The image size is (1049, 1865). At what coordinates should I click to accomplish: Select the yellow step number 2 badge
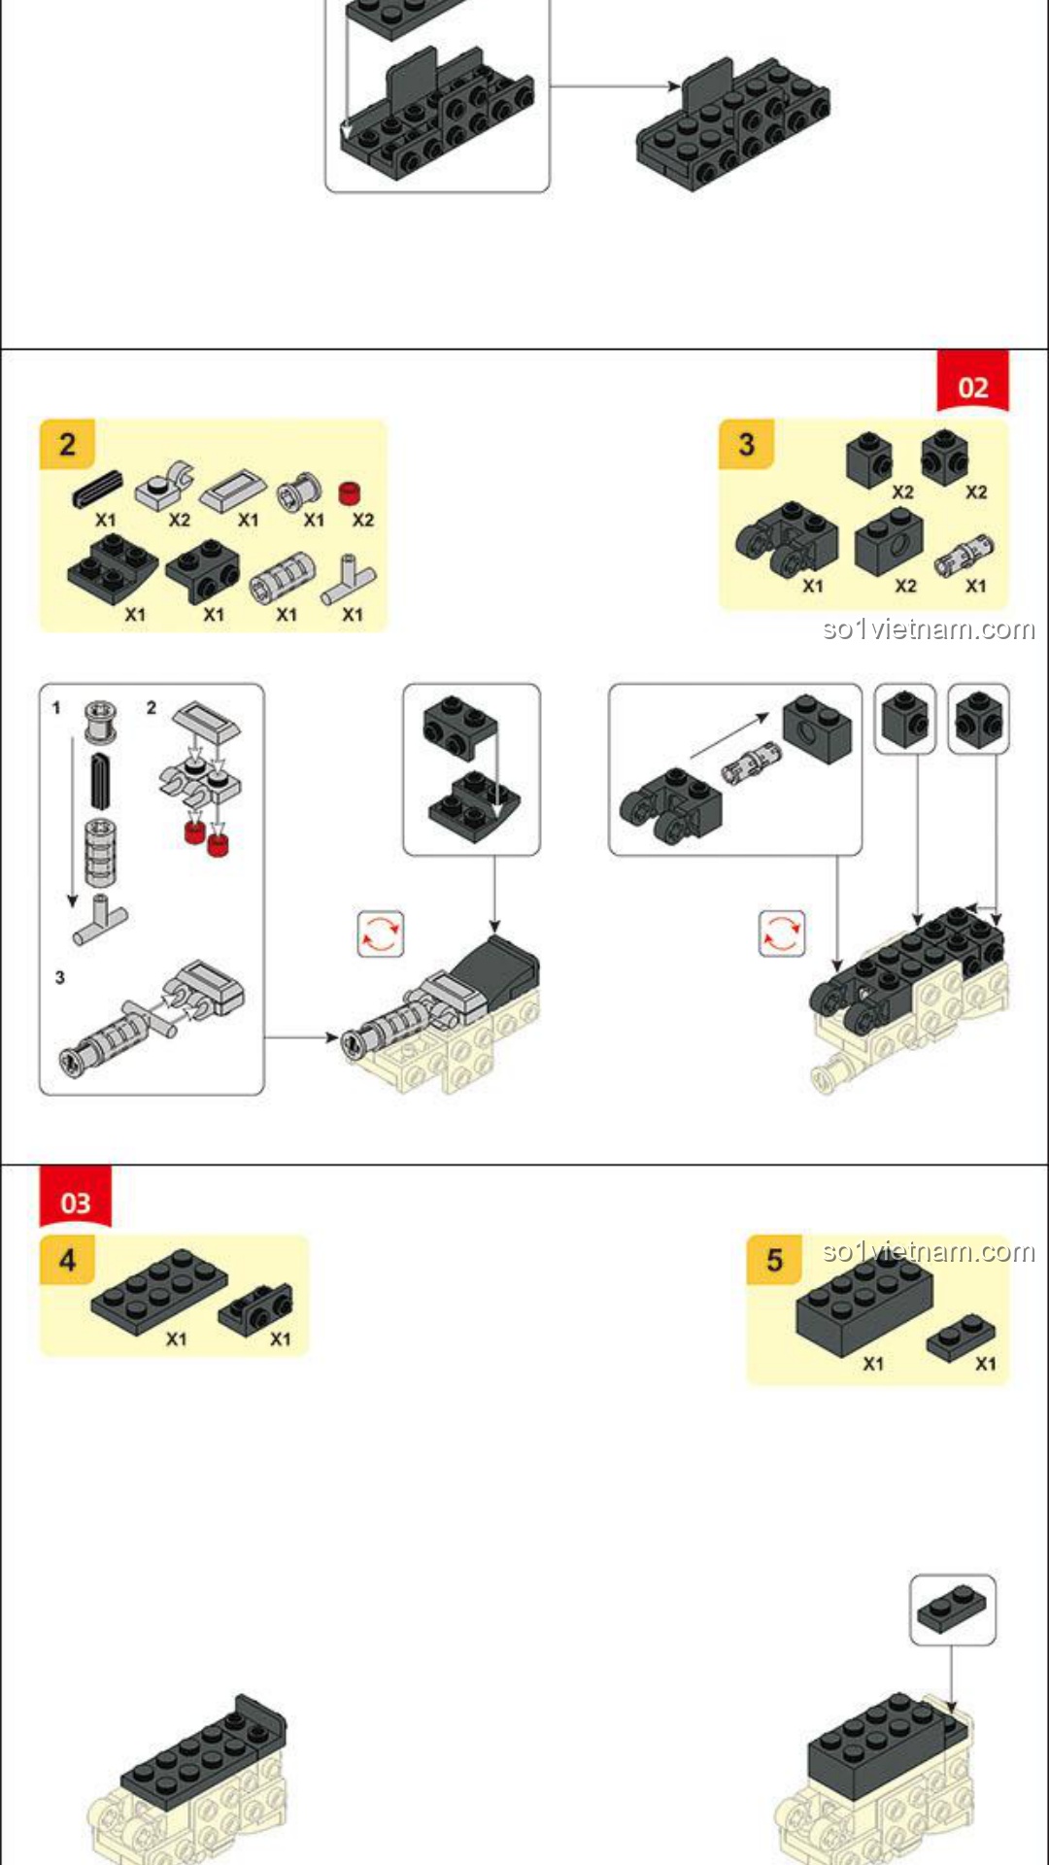67,445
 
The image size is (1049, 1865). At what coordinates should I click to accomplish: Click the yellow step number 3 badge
746,445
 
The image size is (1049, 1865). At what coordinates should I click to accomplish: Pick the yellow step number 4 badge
67,1260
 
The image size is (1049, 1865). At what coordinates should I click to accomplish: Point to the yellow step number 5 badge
774,1260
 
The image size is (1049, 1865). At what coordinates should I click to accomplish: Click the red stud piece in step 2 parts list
350,492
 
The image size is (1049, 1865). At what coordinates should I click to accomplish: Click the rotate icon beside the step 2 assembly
380,933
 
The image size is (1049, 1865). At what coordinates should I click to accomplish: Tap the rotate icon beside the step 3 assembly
782,933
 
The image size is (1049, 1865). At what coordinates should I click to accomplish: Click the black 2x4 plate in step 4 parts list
159,1291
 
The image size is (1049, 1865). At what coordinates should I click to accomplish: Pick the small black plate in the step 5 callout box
952,1610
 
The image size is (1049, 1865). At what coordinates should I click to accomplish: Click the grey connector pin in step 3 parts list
964,555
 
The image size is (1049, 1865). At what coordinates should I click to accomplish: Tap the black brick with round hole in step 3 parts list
889,541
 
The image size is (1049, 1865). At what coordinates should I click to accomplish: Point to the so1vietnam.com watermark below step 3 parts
929,629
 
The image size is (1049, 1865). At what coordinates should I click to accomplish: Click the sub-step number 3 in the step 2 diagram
60,977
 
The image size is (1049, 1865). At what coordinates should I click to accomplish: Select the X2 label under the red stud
363,521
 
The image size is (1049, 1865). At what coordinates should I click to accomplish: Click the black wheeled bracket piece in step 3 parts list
787,540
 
